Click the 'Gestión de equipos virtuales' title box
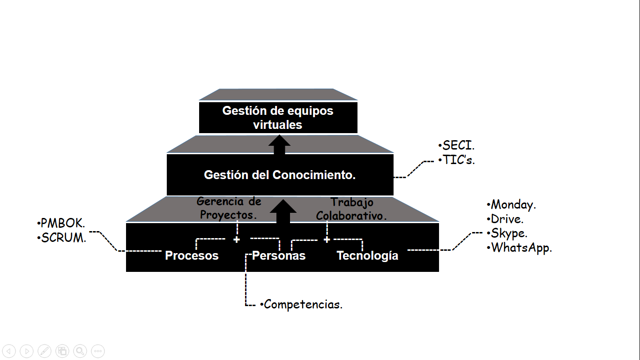[278, 118]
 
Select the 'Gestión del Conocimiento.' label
[280, 175]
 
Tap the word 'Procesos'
[192, 255]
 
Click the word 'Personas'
[279, 255]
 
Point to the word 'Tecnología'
[367, 255]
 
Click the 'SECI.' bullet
[456, 146]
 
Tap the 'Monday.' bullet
[511, 205]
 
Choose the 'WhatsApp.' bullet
[519, 248]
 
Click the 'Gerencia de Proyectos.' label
[229, 208]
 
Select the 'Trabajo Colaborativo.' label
[352, 209]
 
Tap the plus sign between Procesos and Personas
[237, 240]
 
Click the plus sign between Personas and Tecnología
[327, 240]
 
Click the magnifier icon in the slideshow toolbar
[80, 351]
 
